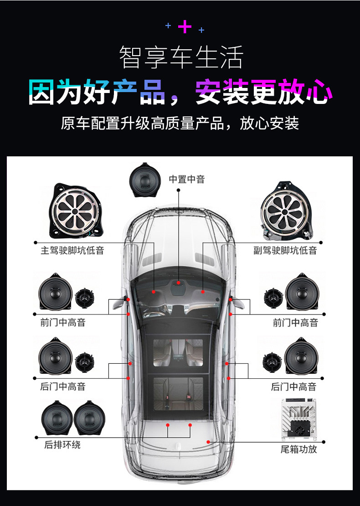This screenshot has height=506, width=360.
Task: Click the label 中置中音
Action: click(187, 179)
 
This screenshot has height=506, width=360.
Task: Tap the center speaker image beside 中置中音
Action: click(145, 180)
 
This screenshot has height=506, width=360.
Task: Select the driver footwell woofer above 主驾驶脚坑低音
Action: click(76, 211)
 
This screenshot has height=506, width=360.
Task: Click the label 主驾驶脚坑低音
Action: click(72, 250)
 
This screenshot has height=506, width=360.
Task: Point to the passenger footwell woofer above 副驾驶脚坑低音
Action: click(286, 212)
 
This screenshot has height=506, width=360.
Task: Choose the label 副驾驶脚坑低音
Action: click(285, 250)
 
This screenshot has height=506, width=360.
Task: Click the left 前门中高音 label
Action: click(62, 322)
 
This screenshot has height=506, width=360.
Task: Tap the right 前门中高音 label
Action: click(295, 322)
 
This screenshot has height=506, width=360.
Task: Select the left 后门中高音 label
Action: click(62, 386)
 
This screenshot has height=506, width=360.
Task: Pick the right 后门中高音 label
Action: click(293, 386)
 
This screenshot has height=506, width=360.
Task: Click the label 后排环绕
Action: click(62, 444)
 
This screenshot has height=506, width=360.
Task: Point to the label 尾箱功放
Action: click(299, 449)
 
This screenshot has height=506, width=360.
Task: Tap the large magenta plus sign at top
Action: click(185, 26)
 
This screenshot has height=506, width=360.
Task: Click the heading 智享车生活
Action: click(181, 57)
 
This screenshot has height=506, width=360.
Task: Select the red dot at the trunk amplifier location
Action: click(208, 442)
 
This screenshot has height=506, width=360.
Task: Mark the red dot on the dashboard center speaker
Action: click(178, 283)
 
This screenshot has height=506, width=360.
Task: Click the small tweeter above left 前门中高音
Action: click(84, 298)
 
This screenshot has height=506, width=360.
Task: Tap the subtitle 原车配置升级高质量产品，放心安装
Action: click(180, 123)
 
